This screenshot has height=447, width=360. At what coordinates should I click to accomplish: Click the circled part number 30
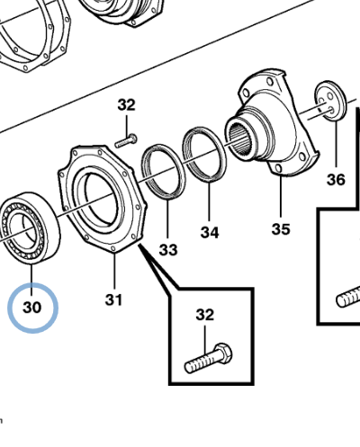pyautogui.click(x=32, y=308)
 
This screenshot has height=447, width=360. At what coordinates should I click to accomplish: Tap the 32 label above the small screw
pyautogui.click(x=126, y=105)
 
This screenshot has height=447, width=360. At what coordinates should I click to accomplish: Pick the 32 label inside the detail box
pyautogui.click(x=205, y=315)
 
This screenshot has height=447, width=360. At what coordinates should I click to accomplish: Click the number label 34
pyautogui.click(x=210, y=233)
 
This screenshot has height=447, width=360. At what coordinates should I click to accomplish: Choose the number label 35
pyautogui.click(x=281, y=228)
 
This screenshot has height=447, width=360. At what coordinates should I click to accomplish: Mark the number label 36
pyautogui.click(x=335, y=180)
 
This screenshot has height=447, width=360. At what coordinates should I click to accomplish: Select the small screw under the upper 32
pyautogui.click(x=126, y=139)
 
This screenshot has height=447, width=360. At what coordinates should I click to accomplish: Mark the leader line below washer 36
pyautogui.click(x=335, y=144)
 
